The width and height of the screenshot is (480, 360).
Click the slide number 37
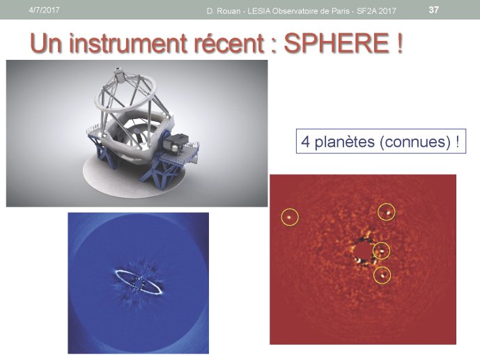433,10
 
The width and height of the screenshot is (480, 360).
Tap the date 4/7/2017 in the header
44,10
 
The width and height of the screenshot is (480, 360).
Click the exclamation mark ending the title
398,43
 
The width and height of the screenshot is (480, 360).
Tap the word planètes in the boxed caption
345,142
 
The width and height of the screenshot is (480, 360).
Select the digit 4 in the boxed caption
306,141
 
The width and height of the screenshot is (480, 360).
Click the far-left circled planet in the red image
290,217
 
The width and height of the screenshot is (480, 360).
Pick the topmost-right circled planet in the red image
387,212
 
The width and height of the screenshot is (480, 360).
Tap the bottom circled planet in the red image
382,275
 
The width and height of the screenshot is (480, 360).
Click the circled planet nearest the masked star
382,251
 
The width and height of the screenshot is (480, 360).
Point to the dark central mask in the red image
362,251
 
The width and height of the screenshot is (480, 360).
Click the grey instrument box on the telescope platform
176,143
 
